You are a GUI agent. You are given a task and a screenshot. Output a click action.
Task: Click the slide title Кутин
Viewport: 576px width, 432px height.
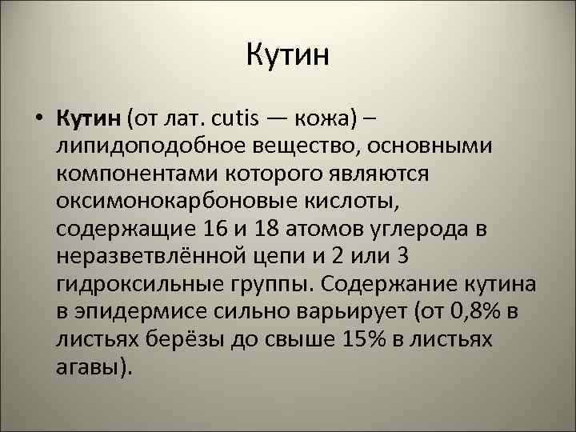tap(288, 56)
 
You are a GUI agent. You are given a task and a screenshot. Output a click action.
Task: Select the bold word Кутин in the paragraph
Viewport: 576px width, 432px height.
tap(88, 118)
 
